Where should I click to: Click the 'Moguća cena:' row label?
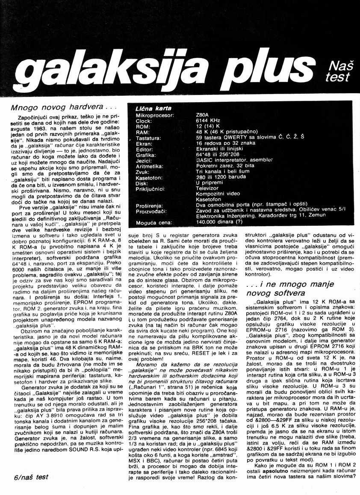coord(154,223)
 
